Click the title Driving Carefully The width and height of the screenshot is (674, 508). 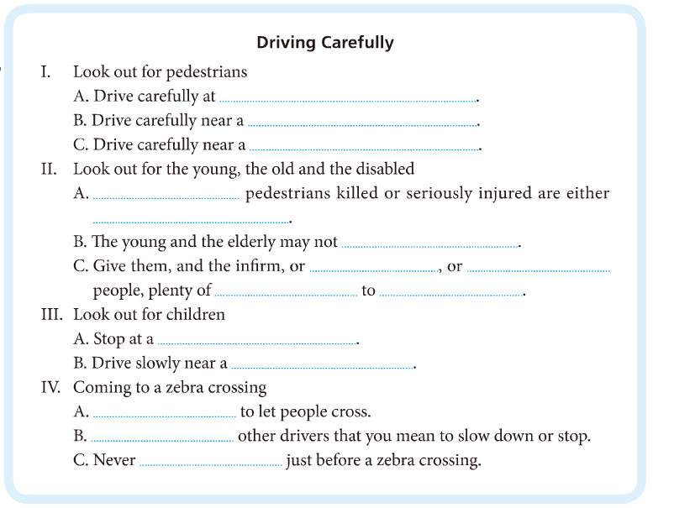coord(324,43)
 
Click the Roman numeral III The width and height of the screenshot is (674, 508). coord(50,315)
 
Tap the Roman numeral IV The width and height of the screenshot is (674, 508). coord(50,388)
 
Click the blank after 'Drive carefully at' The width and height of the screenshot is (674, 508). coord(346,99)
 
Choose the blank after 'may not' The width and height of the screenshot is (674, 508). coord(429,244)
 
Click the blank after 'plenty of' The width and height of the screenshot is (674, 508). coord(286,294)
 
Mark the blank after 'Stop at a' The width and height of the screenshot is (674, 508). coord(256,342)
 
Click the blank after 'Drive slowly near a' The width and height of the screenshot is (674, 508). coord(322,366)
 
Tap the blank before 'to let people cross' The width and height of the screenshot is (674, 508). coord(164,415)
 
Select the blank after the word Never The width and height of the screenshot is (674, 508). coord(211,463)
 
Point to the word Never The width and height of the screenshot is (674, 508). coord(114,461)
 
